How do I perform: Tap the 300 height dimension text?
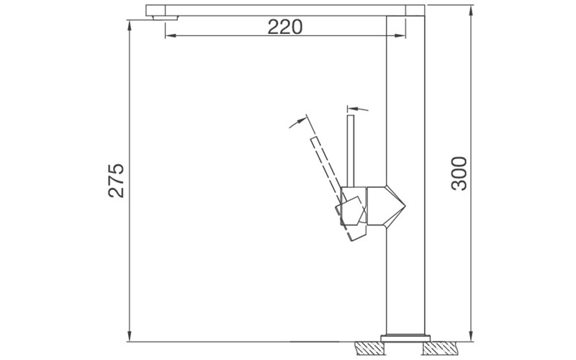coord(459,173)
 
